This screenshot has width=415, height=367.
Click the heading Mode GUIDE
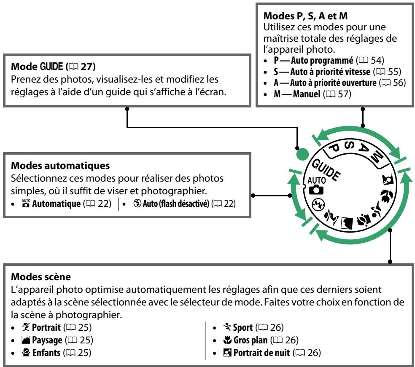37,67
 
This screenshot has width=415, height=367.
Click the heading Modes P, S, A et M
305,16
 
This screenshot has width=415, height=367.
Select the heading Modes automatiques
60,166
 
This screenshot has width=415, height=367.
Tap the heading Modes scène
41,277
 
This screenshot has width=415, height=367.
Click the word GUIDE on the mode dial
326,170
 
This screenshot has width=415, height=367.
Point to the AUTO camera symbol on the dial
316,186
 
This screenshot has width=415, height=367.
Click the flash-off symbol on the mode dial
318,205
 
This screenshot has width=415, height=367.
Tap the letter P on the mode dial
334,148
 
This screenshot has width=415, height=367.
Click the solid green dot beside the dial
302,154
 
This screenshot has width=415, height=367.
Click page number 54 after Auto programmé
377,60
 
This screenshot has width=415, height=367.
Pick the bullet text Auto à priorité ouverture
333,83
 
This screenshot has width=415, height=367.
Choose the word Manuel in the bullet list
307,94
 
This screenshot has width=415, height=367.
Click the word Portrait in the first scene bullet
46,327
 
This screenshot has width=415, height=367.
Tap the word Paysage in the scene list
47,340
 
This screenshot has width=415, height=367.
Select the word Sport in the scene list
243,327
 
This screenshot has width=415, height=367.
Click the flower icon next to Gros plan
227,340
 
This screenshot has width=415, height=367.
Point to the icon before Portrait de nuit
227,353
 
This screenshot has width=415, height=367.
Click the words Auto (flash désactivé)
176,204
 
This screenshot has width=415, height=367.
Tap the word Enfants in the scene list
46,353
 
